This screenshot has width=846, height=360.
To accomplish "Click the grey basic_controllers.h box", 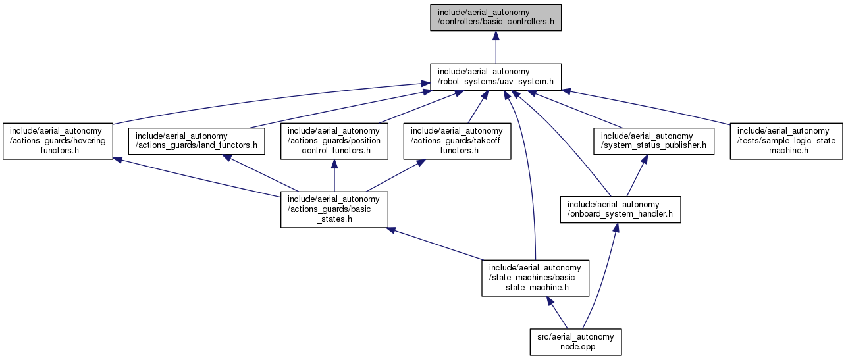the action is pyautogui.click(x=496, y=18).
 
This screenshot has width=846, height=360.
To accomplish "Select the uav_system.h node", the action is pyautogui.click(x=496, y=77).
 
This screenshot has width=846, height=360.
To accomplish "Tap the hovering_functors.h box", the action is pyautogui.click(x=58, y=141).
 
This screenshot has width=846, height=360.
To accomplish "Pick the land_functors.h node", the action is pyautogui.click(x=196, y=141).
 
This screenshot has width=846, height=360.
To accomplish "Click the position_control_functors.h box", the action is pyautogui.click(x=334, y=141).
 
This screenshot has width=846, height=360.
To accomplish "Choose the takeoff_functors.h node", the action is pyautogui.click(x=457, y=141).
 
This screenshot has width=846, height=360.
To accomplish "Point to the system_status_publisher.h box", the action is pyautogui.click(x=654, y=141).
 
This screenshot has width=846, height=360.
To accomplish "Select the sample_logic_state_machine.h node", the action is pyautogui.click(x=786, y=141).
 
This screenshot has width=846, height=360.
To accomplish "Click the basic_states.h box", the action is pyautogui.click(x=334, y=209).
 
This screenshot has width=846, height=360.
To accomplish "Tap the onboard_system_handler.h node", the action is pyautogui.click(x=621, y=209).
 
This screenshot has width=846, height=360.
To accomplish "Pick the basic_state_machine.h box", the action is pyautogui.click(x=535, y=278).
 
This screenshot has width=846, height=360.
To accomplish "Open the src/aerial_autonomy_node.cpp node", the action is pyautogui.click(x=575, y=342).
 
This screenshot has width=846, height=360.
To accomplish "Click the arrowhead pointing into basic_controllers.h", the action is pyautogui.click(x=496, y=36).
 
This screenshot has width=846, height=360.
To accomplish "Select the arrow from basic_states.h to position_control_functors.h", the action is pyautogui.click(x=334, y=176).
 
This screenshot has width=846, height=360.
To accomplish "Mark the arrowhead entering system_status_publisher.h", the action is pyautogui.click(x=645, y=159).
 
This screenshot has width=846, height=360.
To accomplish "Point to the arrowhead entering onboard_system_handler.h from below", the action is pyautogui.click(x=616, y=228).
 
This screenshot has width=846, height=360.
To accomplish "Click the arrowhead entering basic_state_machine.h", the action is pyautogui.click(x=550, y=301).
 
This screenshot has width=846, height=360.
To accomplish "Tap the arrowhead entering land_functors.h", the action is pyautogui.click(x=226, y=157).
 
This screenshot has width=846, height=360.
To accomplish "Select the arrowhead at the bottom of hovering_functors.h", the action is pyautogui.click(x=118, y=160).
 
